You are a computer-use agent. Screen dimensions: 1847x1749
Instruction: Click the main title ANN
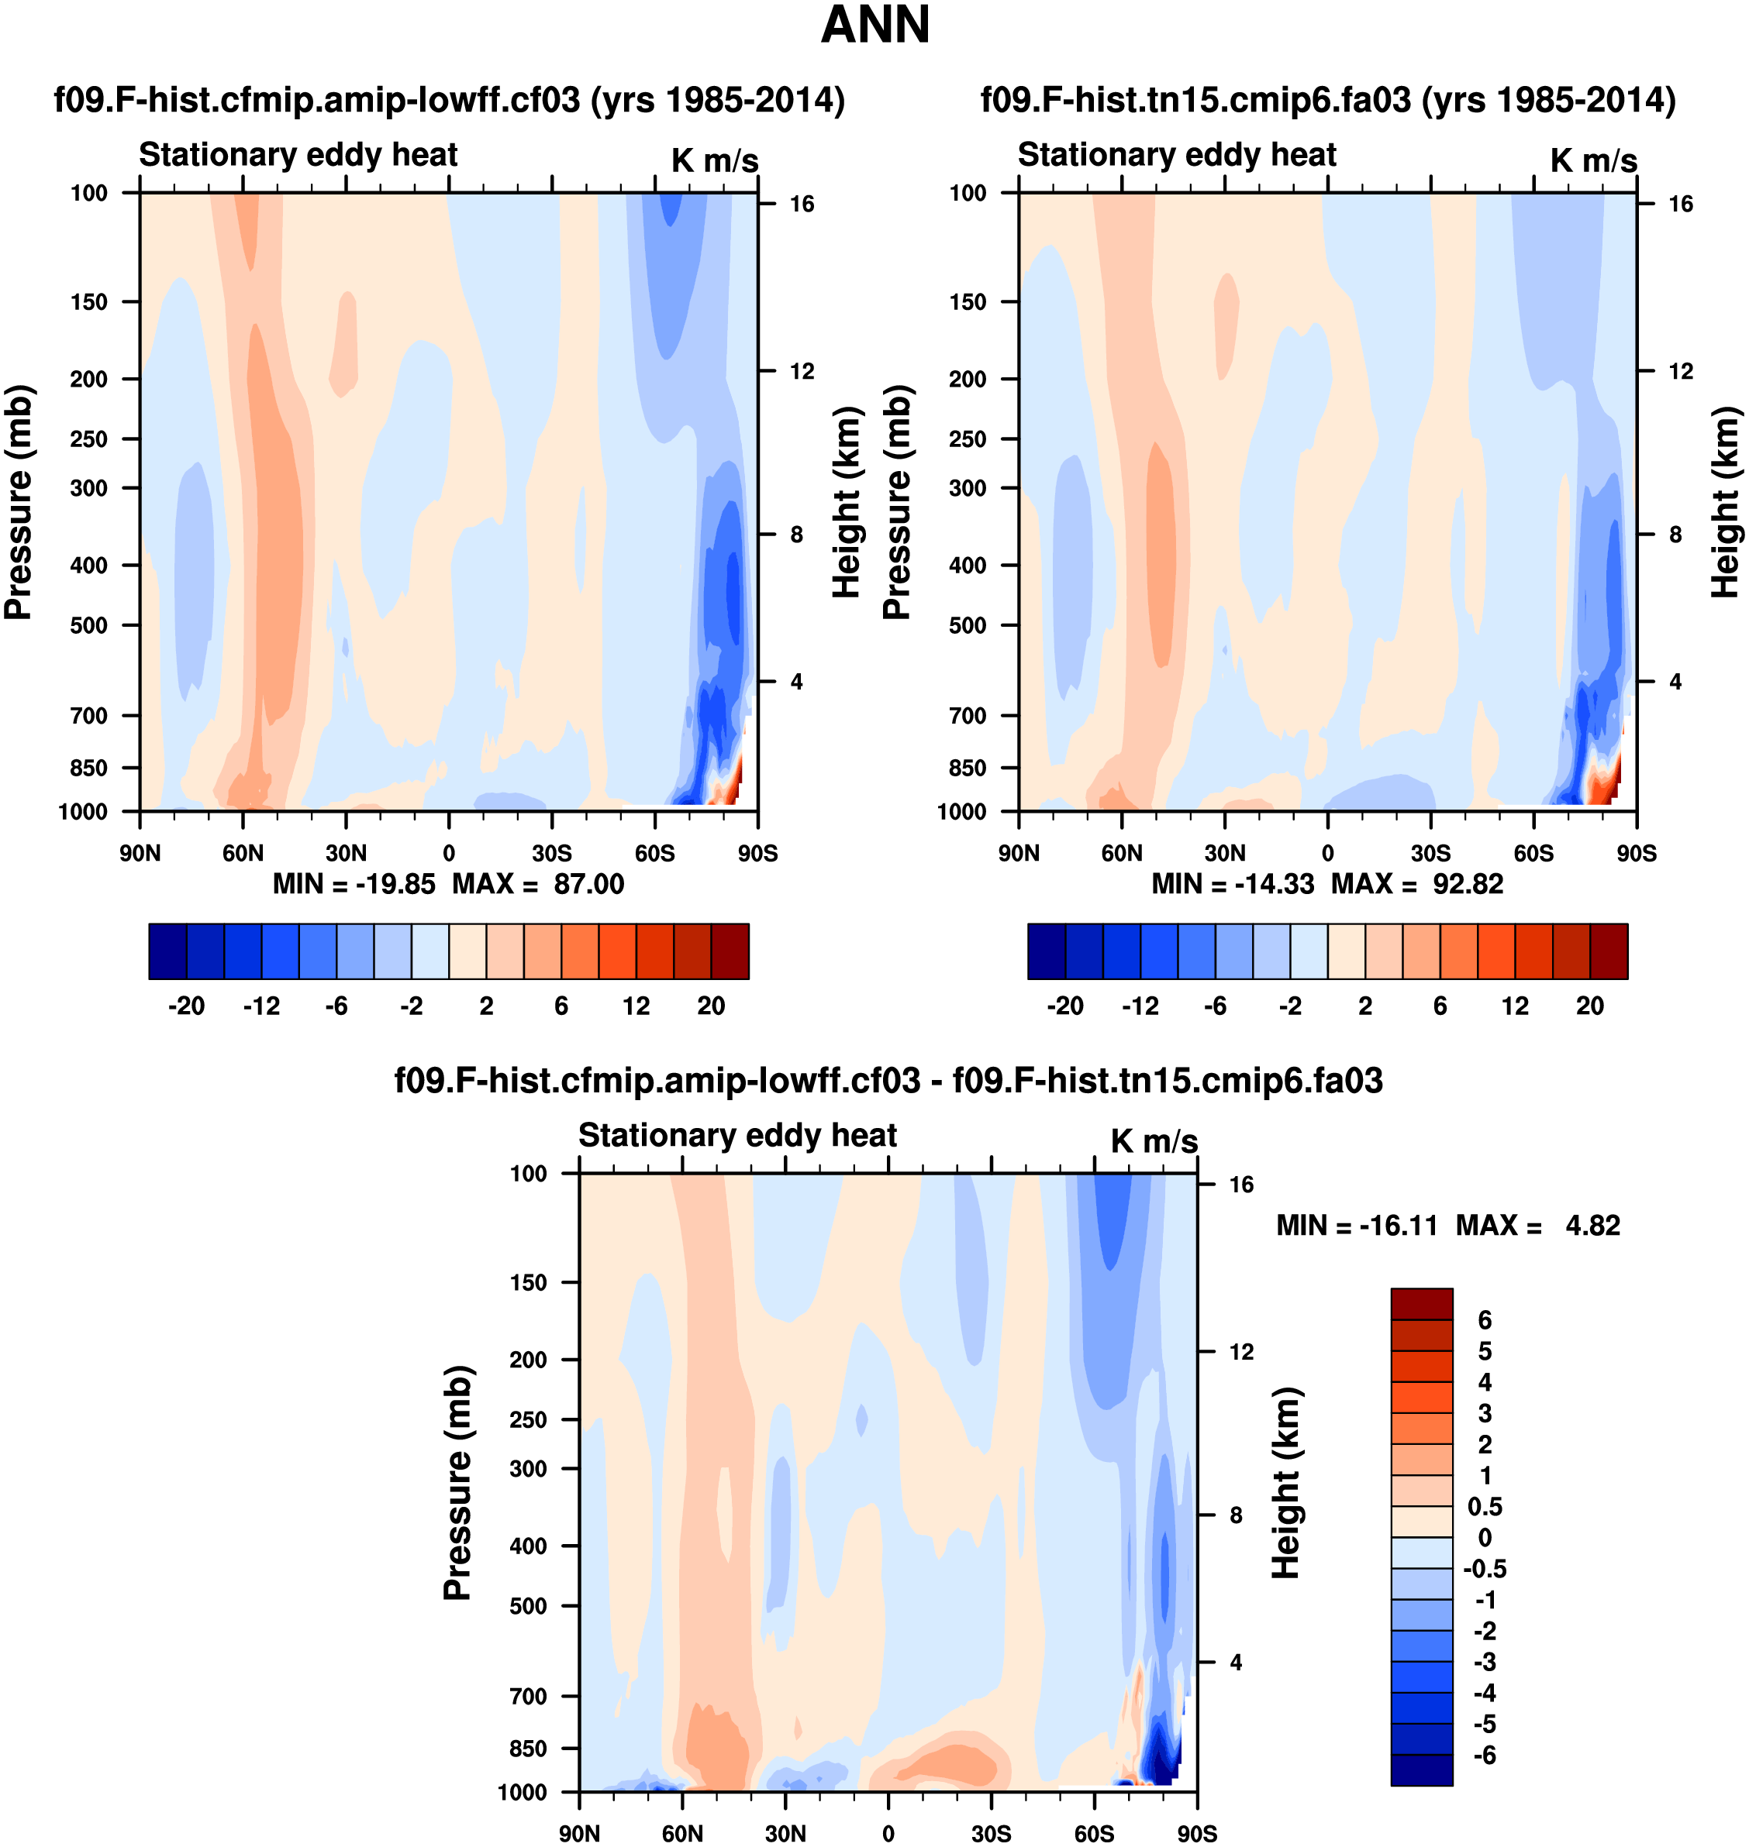point(874,25)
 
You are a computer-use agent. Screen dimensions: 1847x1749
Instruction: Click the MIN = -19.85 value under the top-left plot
point(354,883)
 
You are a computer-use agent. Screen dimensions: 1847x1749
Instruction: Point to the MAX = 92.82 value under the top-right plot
point(1417,883)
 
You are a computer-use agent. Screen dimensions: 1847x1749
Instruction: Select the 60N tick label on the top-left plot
point(243,853)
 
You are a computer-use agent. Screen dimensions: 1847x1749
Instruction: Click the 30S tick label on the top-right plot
point(1430,853)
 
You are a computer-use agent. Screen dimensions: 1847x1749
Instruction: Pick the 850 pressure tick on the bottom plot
point(528,1749)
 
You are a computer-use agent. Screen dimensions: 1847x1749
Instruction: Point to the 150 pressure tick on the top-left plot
point(88,301)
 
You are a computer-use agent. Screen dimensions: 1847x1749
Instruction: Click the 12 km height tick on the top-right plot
point(1680,371)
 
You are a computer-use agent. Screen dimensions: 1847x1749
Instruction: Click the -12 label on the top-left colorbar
point(261,1006)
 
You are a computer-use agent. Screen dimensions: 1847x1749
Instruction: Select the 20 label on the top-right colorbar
point(1589,1006)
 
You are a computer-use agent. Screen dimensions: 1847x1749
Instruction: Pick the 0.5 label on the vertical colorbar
point(1484,1507)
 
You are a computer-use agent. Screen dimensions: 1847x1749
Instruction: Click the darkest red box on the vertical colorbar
point(1421,1304)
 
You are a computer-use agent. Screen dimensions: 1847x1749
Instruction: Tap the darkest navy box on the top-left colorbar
point(167,951)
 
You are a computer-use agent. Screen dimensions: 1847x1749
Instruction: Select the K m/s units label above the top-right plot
point(1593,160)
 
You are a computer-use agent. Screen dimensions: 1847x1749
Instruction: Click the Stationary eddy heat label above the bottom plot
point(737,1135)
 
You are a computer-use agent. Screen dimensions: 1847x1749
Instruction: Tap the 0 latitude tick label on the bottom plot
point(888,1833)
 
